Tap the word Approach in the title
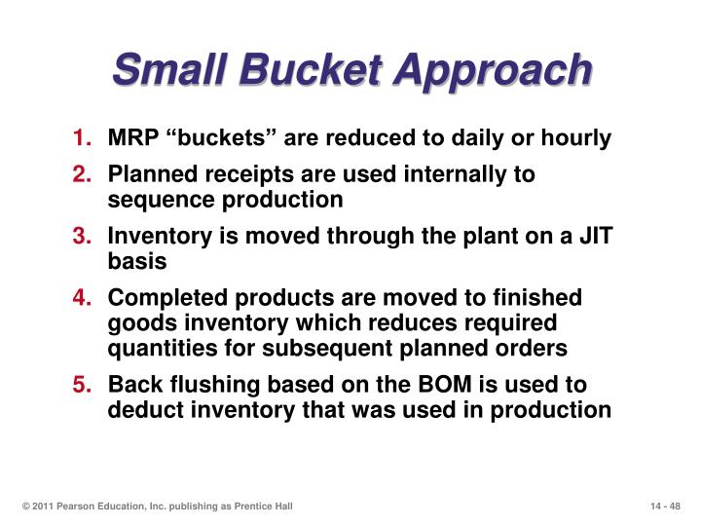click(x=493, y=72)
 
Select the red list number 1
click(x=82, y=137)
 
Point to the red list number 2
click(x=82, y=174)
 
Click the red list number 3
click(x=82, y=236)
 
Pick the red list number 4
click(x=82, y=297)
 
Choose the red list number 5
click(x=82, y=384)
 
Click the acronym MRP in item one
click(x=133, y=137)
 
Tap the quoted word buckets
click(x=221, y=137)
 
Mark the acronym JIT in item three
click(x=596, y=236)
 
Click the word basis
click(x=137, y=261)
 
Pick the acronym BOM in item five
click(x=445, y=384)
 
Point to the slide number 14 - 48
click(x=665, y=507)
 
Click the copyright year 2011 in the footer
click(x=43, y=507)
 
